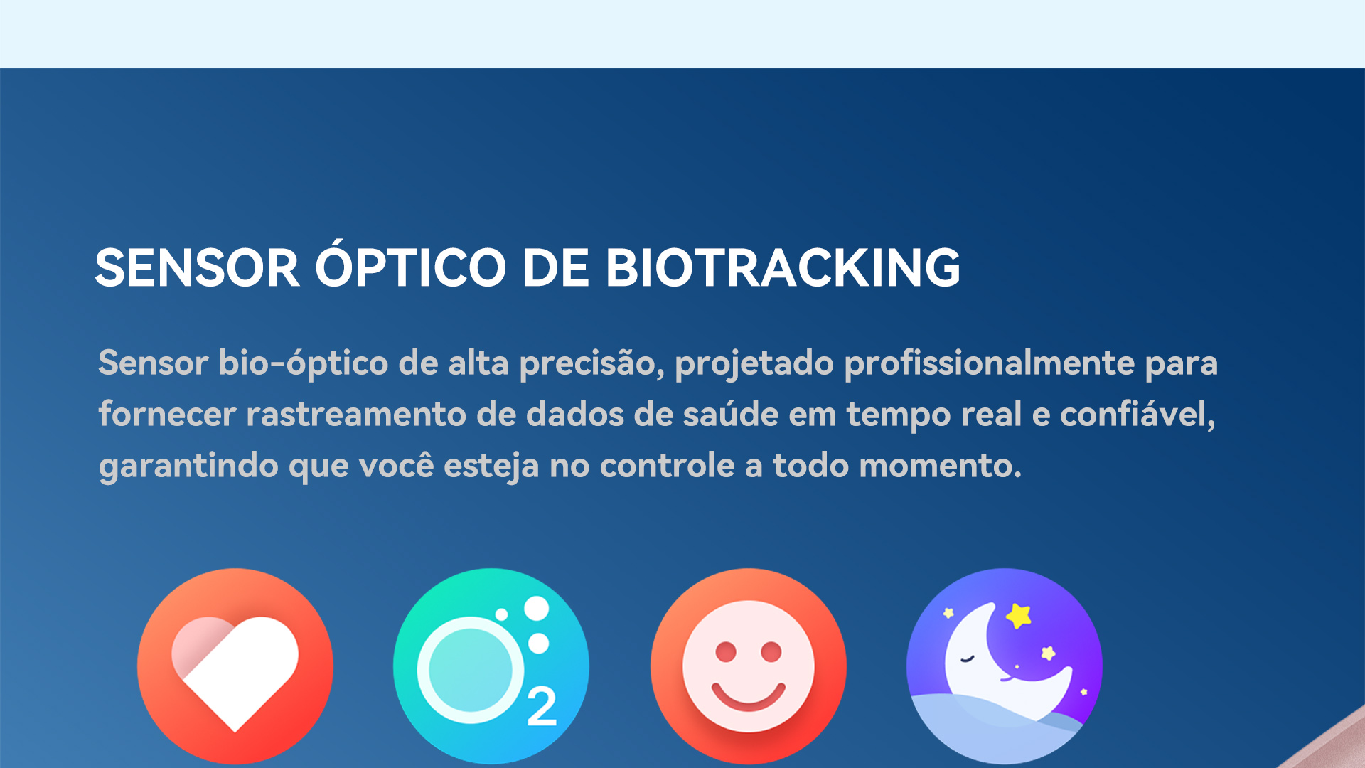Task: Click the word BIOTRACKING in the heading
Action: [783, 268]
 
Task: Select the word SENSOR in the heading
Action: [197, 268]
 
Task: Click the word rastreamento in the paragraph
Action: [355, 415]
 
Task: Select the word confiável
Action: [1137, 414]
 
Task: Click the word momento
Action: [940, 466]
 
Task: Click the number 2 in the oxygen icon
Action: [542, 707]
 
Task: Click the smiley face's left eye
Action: [726, 651]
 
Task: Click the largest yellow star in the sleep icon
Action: [1019, 615]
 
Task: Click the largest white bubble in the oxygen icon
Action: [537, 609]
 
